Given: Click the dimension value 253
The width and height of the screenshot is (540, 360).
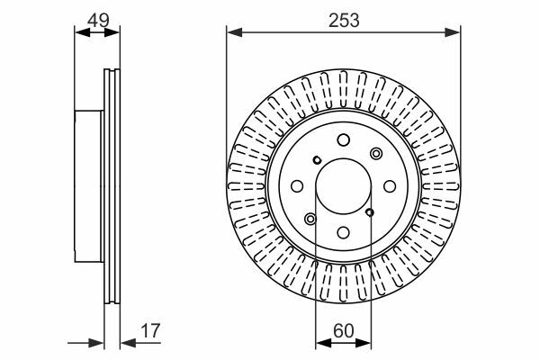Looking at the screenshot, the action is coord(344,21).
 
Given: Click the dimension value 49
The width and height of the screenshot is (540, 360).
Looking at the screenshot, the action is coord(98,21).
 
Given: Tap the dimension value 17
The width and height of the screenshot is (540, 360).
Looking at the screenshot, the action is coord(150,330).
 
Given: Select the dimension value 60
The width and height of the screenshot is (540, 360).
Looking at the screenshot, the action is coord(344,330).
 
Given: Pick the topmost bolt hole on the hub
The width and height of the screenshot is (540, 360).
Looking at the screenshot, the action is coord(344,139).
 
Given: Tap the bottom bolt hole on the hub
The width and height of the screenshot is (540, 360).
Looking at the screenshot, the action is coord(344,232).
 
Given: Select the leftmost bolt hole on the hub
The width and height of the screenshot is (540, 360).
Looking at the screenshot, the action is coord(297,186).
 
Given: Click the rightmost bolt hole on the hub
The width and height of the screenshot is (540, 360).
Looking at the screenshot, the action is coord(390,186).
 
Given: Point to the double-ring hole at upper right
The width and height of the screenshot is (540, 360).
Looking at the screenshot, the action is coord(376,153).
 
